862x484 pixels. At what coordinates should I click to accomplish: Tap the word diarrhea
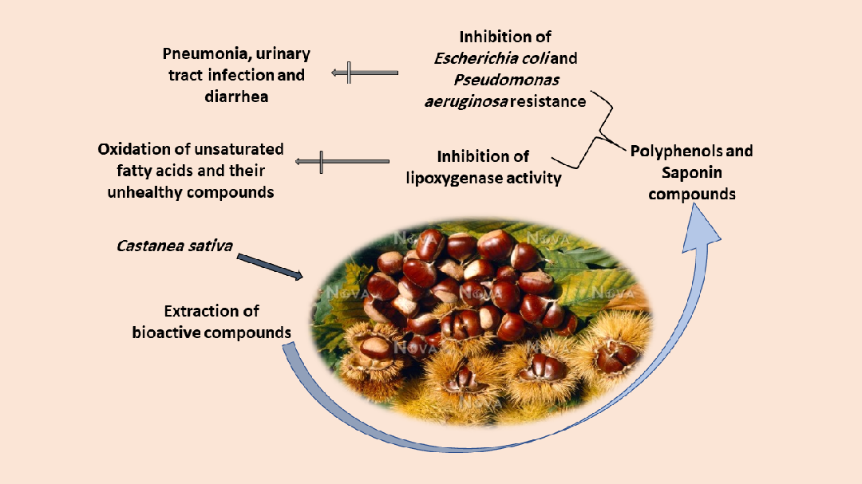pos(236,96)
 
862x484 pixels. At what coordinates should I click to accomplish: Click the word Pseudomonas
pos(505,80)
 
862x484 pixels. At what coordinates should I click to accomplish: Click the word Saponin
pos(691,172)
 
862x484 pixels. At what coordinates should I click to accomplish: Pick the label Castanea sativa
pos(175,246)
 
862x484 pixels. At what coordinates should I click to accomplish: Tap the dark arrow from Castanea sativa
pos(270,266)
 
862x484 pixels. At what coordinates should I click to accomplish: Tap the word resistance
pos(548,101)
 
